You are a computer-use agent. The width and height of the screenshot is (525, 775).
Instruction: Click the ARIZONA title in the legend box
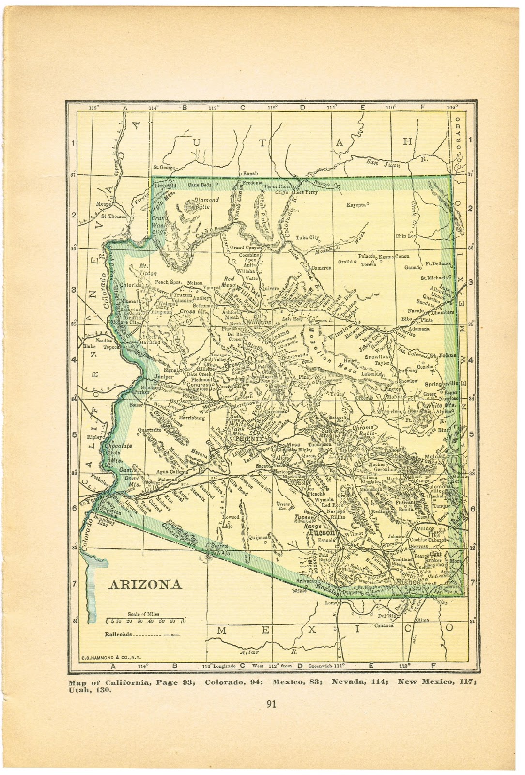click(x=144, y=584)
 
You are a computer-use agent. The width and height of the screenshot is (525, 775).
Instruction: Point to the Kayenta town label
click(x=355, y=205)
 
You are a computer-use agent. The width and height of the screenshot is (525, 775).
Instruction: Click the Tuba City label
click(x=308, y=238)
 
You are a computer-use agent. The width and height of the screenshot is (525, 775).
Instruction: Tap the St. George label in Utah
click(x=163, y=167)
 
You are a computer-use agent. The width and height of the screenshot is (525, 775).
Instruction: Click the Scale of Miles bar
click(x=146, y=620)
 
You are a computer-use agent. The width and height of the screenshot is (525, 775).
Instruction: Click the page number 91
click(x=271, y=704)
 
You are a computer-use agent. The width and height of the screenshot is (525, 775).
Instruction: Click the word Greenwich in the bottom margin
click(x=320, y=666)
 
